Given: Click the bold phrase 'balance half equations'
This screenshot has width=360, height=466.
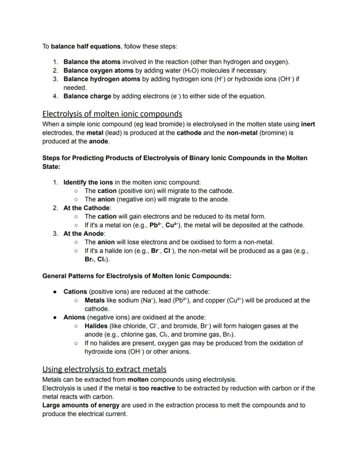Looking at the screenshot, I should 86,46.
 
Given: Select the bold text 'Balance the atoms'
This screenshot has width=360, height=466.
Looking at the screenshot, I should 92,62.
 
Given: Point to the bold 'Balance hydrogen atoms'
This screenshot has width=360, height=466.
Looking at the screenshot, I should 102,79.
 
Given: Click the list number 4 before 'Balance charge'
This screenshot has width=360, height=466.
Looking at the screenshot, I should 56,96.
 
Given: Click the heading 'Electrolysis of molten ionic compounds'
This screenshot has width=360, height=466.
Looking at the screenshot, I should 112,114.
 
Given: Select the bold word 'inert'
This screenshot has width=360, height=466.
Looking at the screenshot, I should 308,124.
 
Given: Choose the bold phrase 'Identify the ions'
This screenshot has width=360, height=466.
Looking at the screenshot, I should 88,182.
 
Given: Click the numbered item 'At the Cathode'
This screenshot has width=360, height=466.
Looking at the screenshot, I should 87,208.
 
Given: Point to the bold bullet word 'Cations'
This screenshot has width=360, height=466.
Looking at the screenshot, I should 75,292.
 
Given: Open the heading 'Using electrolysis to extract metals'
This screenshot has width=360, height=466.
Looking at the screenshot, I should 104,369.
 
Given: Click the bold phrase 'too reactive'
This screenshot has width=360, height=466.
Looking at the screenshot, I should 157,388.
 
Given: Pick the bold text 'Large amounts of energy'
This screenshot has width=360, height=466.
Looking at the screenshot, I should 81,405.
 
